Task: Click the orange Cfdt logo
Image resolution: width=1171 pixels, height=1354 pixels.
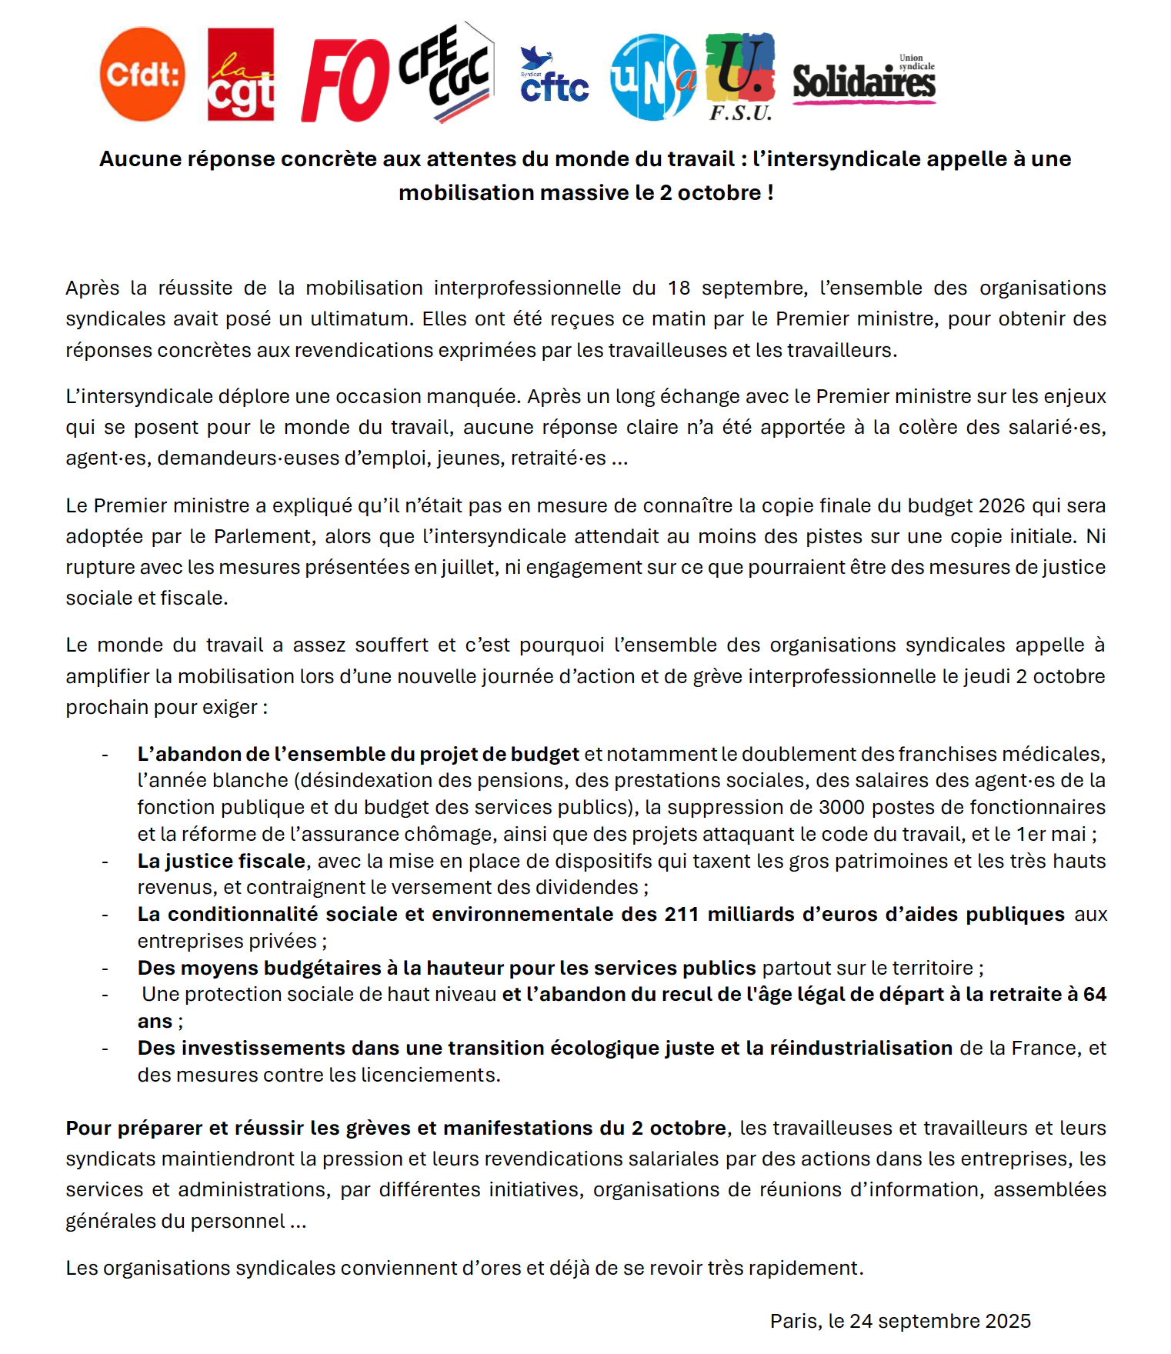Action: click(142, 75)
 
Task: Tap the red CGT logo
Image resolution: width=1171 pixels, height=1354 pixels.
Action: click(241, 75)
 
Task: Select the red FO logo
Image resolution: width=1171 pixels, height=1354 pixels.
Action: click(345, 81)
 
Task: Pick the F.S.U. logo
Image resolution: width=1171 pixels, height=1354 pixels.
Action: click(740, 77)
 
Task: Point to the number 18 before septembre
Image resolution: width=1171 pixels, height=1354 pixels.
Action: click(679, 288)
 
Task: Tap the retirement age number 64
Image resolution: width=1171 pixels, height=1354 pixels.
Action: click(1094, 994)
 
